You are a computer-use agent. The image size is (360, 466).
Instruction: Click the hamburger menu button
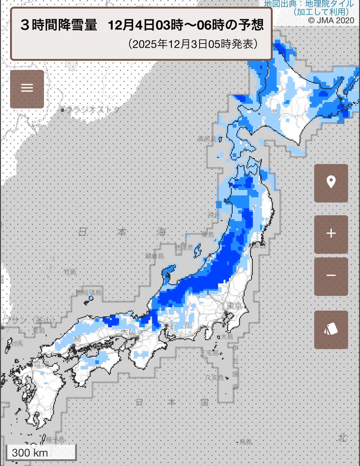click(x=27, y=89)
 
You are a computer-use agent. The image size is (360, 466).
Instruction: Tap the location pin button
click(x=331, y=183)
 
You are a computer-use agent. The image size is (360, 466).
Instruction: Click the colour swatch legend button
click(x=331, y=330)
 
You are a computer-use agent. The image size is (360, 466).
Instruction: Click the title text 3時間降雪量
click(x=58, y=26)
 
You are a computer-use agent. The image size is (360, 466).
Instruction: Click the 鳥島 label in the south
click(x=245, y=442)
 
